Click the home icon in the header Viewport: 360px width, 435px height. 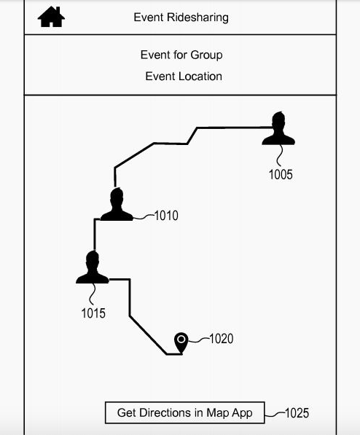coord(51,17)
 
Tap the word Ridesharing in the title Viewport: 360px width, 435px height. coord(197,17)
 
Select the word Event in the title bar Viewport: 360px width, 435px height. coord(149,17)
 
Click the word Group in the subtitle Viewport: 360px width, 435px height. coord(206,55)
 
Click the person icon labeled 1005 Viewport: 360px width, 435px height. coord(278,128)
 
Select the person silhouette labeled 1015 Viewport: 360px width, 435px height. coord(93,267)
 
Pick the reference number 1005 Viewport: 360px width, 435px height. coord(281,175)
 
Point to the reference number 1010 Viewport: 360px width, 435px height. coord(166,216)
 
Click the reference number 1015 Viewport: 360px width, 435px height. coord(93,313)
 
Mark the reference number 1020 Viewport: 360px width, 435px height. coord(222,339)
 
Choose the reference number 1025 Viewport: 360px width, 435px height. coord(297,413)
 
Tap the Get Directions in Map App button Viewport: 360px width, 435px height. coord(185,412)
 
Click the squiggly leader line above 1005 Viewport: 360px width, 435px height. coord(280,156)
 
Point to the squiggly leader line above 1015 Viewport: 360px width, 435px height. coord(93,294)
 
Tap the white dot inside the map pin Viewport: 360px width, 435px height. coord(181,339)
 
